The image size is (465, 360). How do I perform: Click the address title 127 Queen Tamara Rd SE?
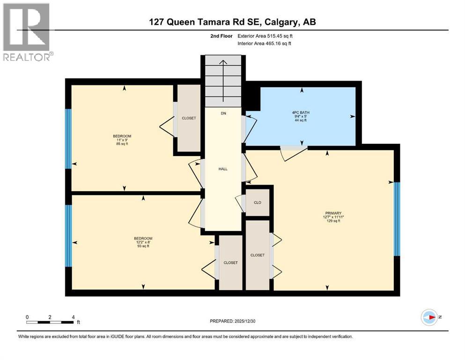[x=232, y=22]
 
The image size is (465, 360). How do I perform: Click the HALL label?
[x=223, y=169]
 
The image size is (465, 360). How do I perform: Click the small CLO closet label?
[x=257, y=202]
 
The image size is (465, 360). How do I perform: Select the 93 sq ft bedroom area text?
[x=143, y=246]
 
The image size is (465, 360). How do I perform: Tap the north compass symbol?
[x=429, y=317]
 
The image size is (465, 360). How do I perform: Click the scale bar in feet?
[x=50, y=322]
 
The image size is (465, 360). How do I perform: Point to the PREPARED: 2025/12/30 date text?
[x=233, y=321]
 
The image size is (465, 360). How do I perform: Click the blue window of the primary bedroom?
[x=397, y=219]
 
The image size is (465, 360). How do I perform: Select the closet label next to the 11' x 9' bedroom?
[x=189, y=118]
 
